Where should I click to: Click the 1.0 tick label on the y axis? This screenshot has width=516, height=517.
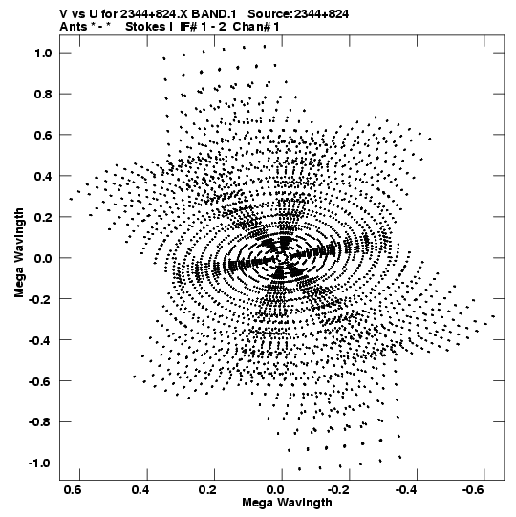pos(43,54)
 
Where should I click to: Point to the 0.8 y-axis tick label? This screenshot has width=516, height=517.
pos(43,95)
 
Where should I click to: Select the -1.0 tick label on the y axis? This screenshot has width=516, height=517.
pos(40,463)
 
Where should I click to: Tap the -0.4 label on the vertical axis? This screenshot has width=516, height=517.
pos(40,340)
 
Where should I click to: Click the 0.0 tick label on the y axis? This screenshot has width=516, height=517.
pos(43,258)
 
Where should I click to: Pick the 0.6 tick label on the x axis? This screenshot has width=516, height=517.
pos(73,490)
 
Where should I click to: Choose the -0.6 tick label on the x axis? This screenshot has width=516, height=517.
pos(474,490)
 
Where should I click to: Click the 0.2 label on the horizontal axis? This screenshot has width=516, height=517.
pos(207,490)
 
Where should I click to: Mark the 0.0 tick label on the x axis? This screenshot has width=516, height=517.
pos(275,490)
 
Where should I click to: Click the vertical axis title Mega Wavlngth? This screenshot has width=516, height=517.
pos(19,253)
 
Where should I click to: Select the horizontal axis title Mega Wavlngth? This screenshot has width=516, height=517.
pos(287,503)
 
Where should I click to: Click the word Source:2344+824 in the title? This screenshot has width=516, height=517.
pos(298,14)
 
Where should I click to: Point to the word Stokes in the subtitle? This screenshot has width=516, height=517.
pos(145,27)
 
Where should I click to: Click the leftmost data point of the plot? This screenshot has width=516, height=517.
pos(71,199)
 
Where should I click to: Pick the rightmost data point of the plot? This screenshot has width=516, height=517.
pos(493,316)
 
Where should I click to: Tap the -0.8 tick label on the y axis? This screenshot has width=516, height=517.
pos(40,422)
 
